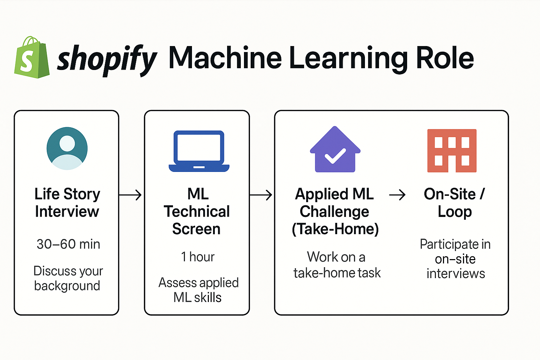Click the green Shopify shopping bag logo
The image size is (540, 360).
32,58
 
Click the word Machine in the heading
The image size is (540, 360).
225,58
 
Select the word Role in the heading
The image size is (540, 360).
445,58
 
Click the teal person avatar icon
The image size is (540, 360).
67,148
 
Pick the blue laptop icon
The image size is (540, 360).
199,151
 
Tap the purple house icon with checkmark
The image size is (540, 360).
335,150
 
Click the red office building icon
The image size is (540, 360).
452,150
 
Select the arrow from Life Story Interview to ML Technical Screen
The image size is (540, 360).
130,195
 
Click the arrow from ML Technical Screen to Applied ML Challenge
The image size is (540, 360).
261,195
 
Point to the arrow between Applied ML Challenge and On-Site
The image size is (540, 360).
397,195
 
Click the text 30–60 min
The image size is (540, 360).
68,244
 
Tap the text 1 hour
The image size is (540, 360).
198,257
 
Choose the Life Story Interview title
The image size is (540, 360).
67,202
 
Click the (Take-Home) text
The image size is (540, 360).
335,229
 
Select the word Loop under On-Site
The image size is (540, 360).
455,212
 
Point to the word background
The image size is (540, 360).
67,286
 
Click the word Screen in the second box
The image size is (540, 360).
196,229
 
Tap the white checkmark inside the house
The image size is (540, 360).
335,156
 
